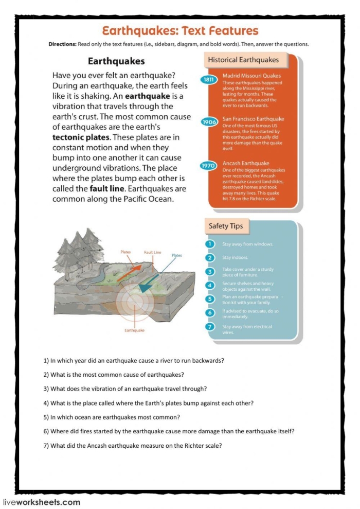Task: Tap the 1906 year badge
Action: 209,122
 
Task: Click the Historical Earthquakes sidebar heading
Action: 243,60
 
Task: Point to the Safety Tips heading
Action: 226,226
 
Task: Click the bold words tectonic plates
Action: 81,137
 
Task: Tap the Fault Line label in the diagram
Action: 152,253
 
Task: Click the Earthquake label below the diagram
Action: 135,330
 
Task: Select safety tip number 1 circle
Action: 210,244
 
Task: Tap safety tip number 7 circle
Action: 210,327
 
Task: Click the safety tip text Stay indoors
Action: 235,257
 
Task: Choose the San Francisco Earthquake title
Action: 253,119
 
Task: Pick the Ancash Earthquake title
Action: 245,163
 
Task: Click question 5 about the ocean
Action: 115,417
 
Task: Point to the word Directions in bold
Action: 62,44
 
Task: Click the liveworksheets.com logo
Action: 41,502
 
